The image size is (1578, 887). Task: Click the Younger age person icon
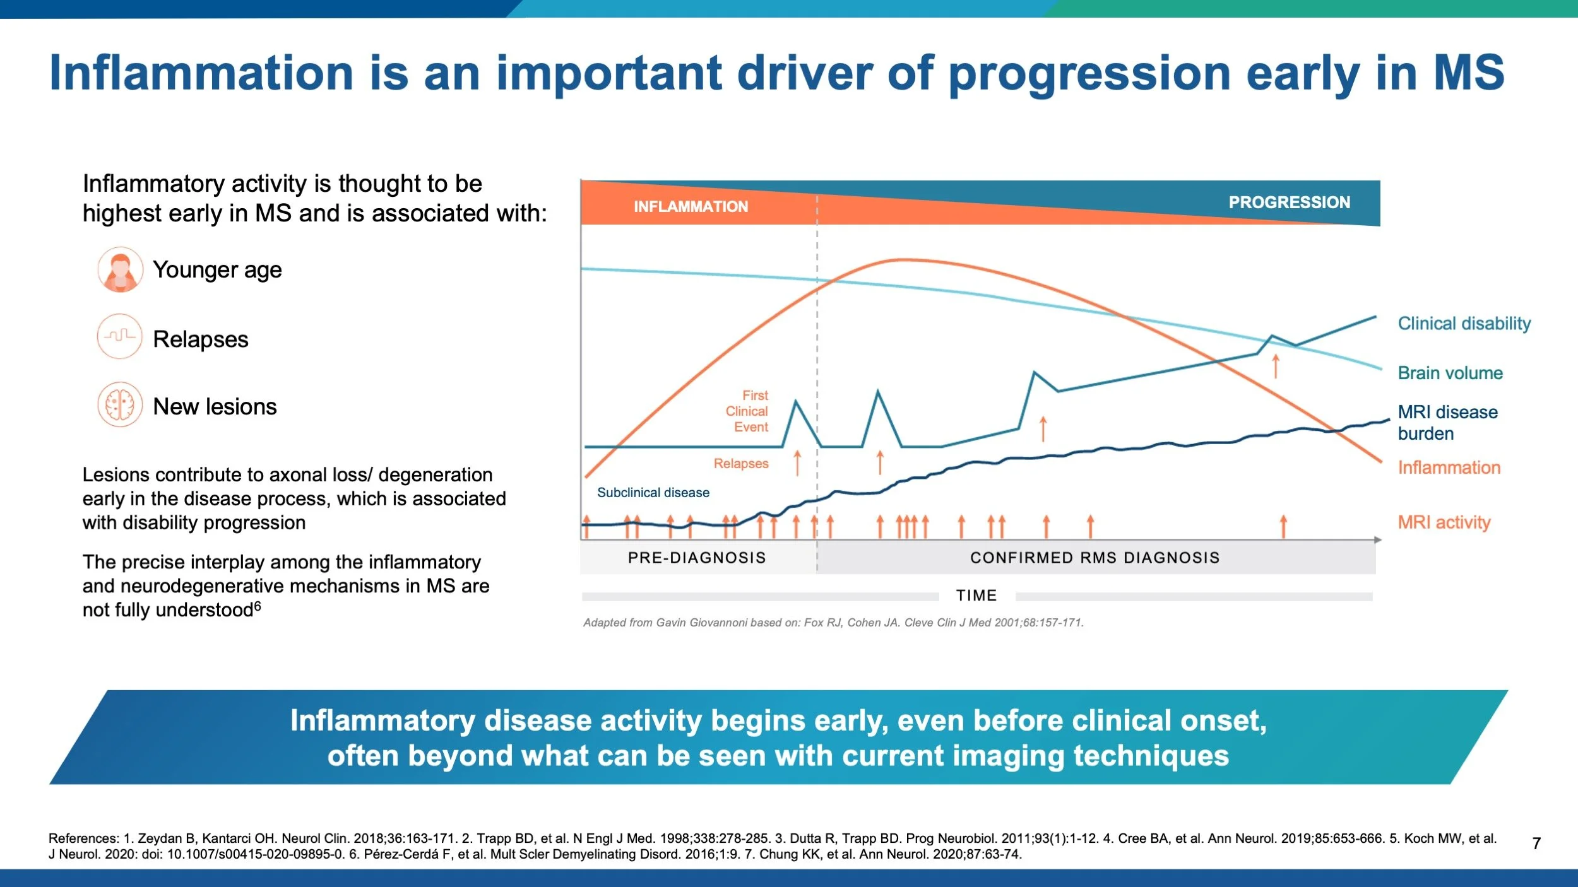pos(119,269)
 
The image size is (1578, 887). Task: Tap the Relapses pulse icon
pos(119,336)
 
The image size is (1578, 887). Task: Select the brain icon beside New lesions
pos(119,404)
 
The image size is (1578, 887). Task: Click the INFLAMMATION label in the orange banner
pos(691,206)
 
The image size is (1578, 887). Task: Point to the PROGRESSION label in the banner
pos(1289,202)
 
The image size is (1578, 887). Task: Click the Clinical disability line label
pos(1464,324)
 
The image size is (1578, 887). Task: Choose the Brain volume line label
pos(1450,373)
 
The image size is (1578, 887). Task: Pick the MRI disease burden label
pos(1447,422)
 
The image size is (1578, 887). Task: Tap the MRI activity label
pos(1444,522)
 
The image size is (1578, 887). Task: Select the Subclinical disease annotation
pos(653,492)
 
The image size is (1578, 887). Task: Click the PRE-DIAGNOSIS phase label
pos(697,558)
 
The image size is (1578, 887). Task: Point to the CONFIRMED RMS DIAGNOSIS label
pos(1095,558)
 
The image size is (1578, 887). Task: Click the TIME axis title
pos(976,595)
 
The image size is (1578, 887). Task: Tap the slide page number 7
pos(1536,843)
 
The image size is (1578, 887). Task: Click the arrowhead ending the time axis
pos(1378,540)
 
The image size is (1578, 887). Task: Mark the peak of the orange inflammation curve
pos(903,259)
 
